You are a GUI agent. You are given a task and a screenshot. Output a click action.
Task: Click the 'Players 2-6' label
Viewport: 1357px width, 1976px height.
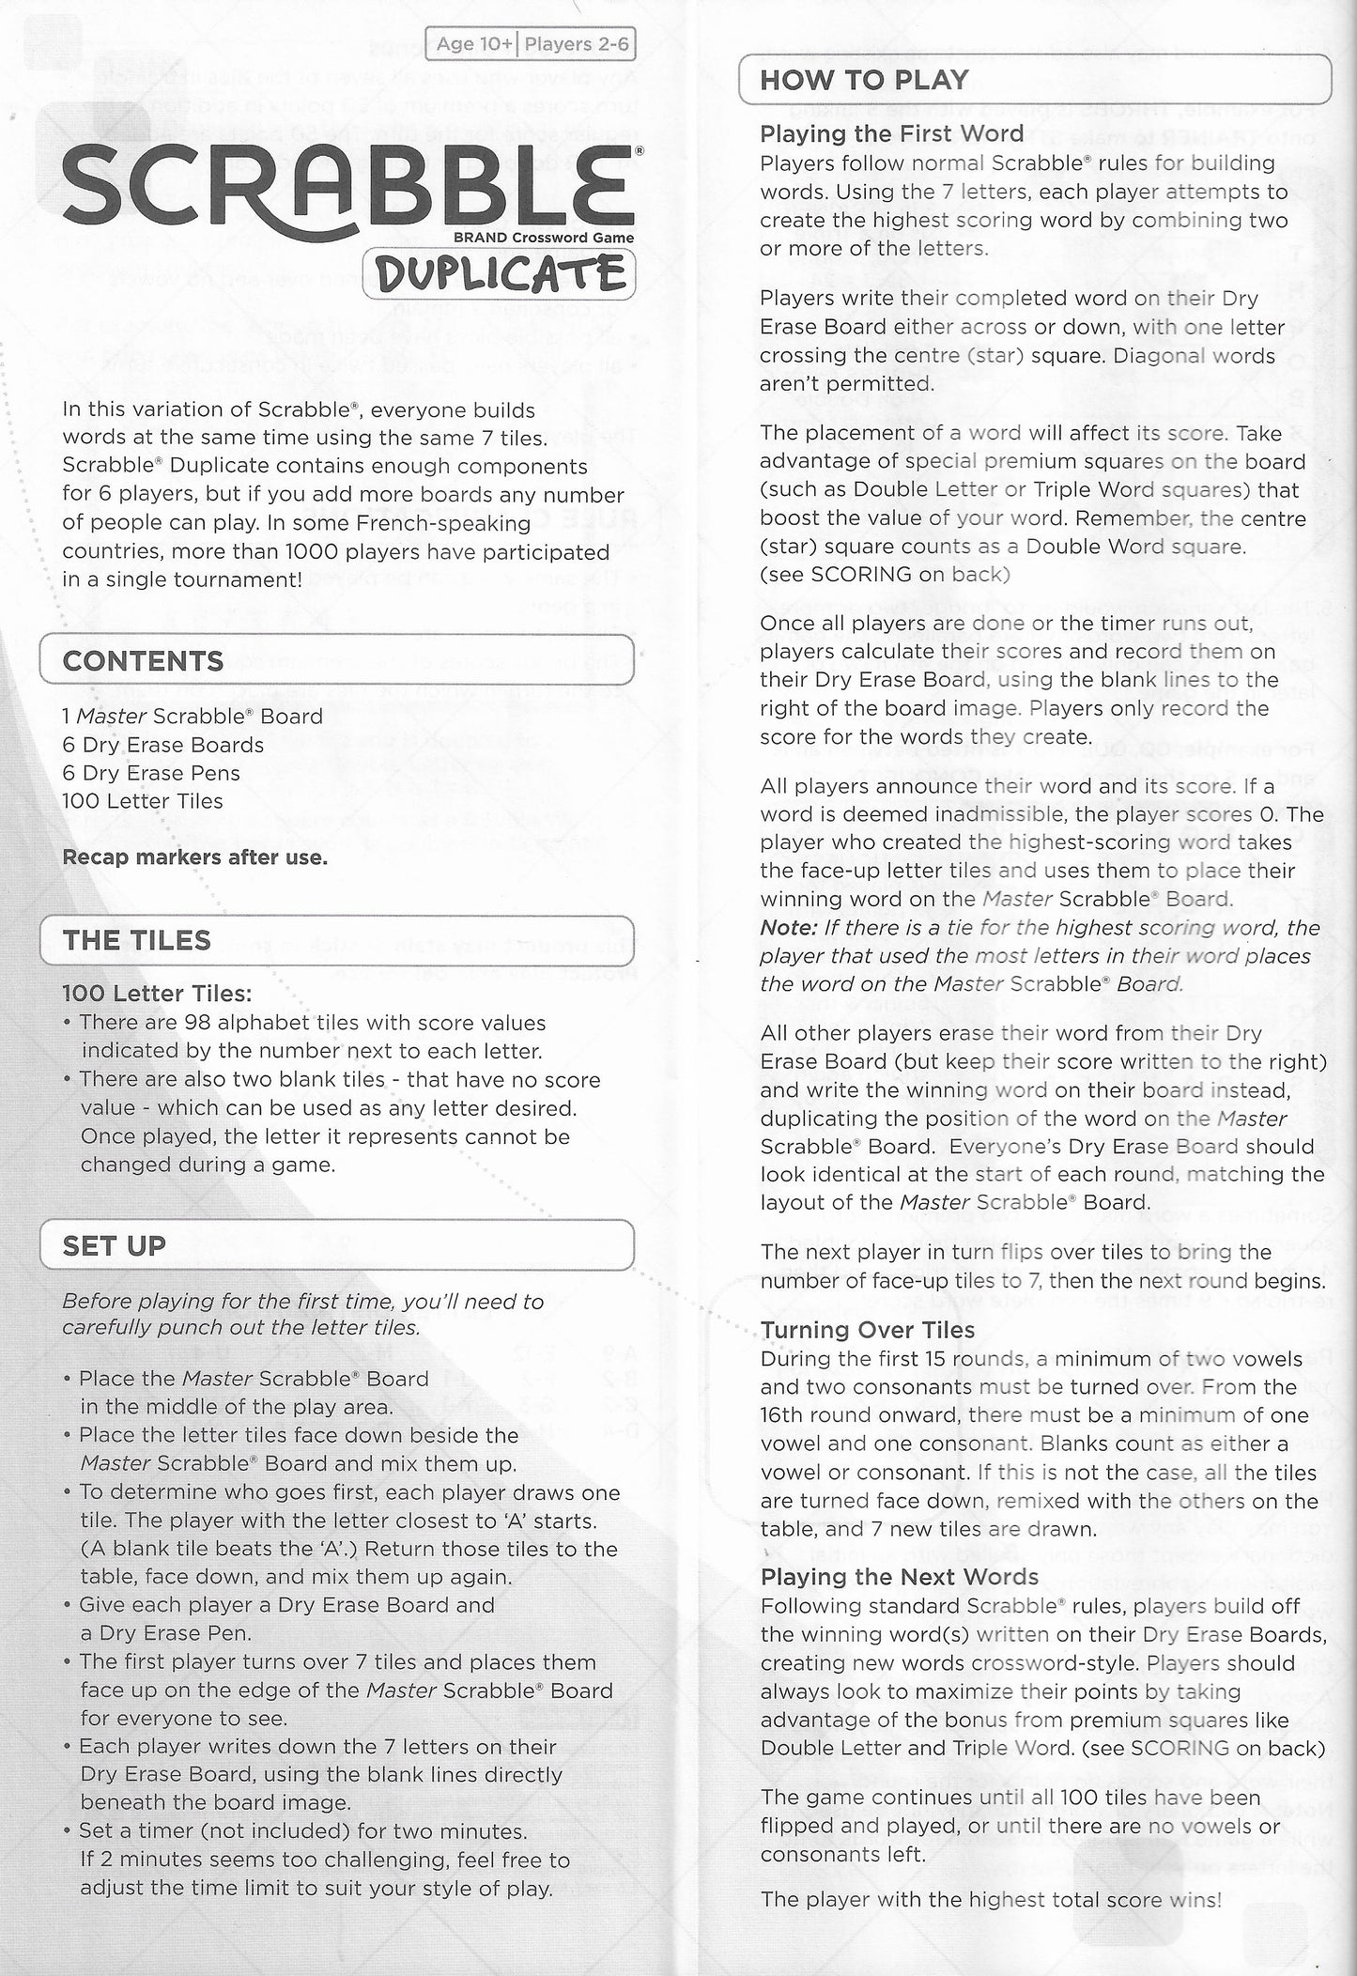pyautogui.click(x=576, y=43)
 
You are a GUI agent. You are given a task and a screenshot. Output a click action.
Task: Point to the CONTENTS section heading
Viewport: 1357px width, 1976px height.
pyautogui.click(x=143, y=661)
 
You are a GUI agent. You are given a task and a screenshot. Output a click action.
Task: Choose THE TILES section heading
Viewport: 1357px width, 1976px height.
pyautogui.click(x=136, y=941)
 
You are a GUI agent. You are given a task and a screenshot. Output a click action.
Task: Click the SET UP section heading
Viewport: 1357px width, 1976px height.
pyautogui.click(x=114, y=1246)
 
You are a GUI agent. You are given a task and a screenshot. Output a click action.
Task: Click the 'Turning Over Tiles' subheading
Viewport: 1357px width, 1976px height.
pyautogui.click(x=868, y=1330)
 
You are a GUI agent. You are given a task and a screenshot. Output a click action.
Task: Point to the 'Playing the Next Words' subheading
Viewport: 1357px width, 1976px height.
pyautogui.click(x=900, y=1577)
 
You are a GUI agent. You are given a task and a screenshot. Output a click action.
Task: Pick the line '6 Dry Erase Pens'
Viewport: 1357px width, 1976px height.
pyautogui.click(x=151, y=773)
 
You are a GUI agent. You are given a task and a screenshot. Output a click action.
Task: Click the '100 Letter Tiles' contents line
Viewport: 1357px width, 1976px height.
pyautogui.click(x=143, y=801)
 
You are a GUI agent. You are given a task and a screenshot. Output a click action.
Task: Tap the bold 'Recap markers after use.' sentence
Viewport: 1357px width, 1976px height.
pyautogui.click(x=195, y=857)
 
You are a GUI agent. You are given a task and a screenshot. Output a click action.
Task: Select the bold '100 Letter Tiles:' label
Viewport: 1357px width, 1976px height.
pyautogui.click(x=157, y=994)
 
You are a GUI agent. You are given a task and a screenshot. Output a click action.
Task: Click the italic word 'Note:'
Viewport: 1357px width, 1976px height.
pyautogui.click(x=790, y=928)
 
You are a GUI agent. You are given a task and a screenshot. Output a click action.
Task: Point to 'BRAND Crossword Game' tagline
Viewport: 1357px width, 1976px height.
pyautogui.click(x=557, y=238)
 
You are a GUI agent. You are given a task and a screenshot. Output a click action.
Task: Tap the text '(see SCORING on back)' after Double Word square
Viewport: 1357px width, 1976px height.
pyautogui.click(x=885, y=575)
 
